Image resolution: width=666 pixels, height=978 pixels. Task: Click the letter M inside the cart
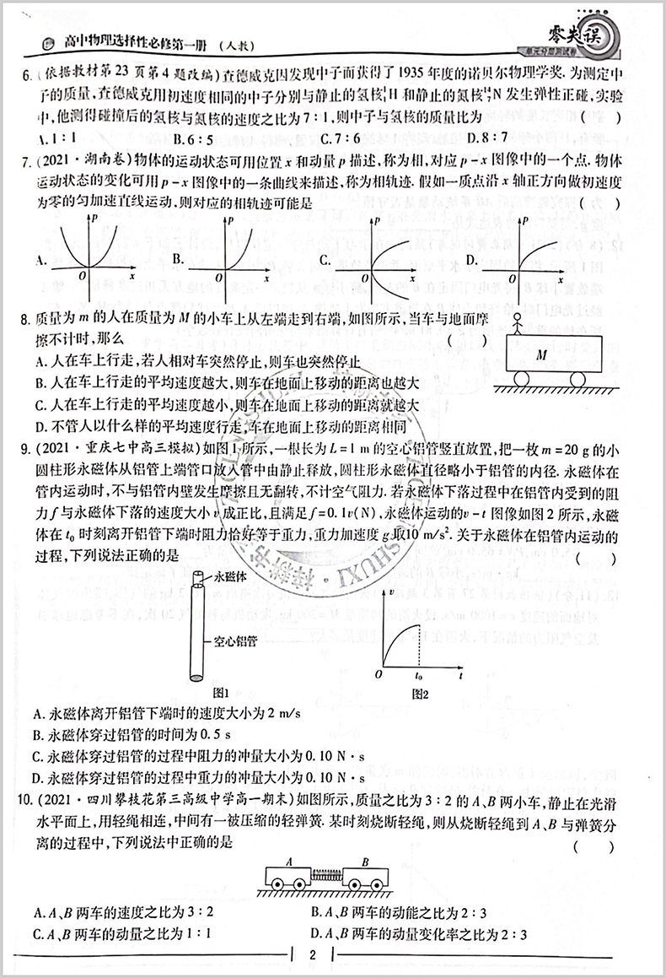pos(542,355)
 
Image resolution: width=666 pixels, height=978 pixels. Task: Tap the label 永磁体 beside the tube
pos(231,579)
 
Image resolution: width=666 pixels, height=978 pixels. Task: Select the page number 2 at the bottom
pos(312,956)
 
